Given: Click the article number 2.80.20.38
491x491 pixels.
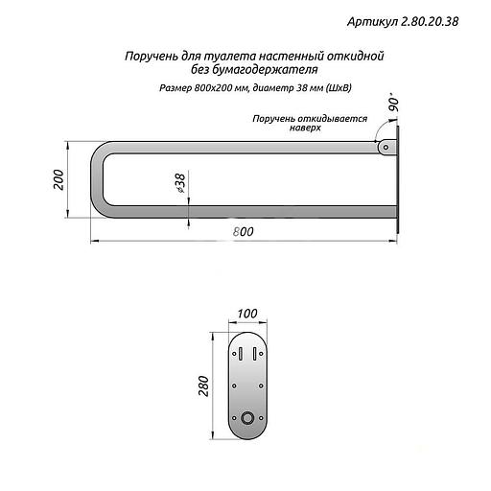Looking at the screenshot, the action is click(430, 22).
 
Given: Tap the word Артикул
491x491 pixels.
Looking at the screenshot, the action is click(372, 22).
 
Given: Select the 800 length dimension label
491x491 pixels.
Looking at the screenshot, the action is click(244, 232).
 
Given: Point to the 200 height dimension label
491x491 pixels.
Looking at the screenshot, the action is click(58, 179).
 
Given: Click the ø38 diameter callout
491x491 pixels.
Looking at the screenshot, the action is click(180, 183).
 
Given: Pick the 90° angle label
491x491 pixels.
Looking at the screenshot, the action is click(394, 102).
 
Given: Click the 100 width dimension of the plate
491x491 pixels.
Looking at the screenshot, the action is click(247, 314).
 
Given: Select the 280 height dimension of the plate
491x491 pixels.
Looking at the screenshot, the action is click(203, 386).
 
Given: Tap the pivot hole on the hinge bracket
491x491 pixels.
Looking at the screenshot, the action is click(386, 148).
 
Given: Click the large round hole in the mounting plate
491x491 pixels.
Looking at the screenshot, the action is click(247, 418).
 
